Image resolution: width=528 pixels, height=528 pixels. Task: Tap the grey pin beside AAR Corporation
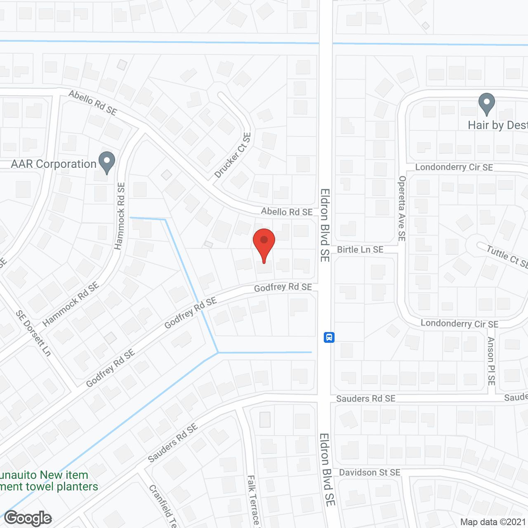107,162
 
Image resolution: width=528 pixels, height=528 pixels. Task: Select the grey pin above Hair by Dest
487,104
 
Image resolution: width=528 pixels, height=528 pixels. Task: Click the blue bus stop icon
329,337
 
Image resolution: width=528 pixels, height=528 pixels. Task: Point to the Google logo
28,518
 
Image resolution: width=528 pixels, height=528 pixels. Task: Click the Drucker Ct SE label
233,156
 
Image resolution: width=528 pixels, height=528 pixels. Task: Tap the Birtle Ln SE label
360,250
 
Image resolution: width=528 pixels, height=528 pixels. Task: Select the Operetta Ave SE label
402,208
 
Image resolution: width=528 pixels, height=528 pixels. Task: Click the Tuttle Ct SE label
507,256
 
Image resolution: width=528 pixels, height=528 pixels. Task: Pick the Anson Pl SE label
491,361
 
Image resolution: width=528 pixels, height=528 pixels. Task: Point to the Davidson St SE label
370,472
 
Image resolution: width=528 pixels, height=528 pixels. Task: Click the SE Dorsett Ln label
33,333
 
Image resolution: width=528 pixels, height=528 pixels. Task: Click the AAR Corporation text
54,164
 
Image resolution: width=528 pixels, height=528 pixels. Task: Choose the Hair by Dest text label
497,125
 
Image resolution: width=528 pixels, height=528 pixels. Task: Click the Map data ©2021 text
493,522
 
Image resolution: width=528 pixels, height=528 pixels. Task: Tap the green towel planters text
49,487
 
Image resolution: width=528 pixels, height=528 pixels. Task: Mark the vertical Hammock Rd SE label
120,216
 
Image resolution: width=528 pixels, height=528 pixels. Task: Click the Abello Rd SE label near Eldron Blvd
287,212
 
